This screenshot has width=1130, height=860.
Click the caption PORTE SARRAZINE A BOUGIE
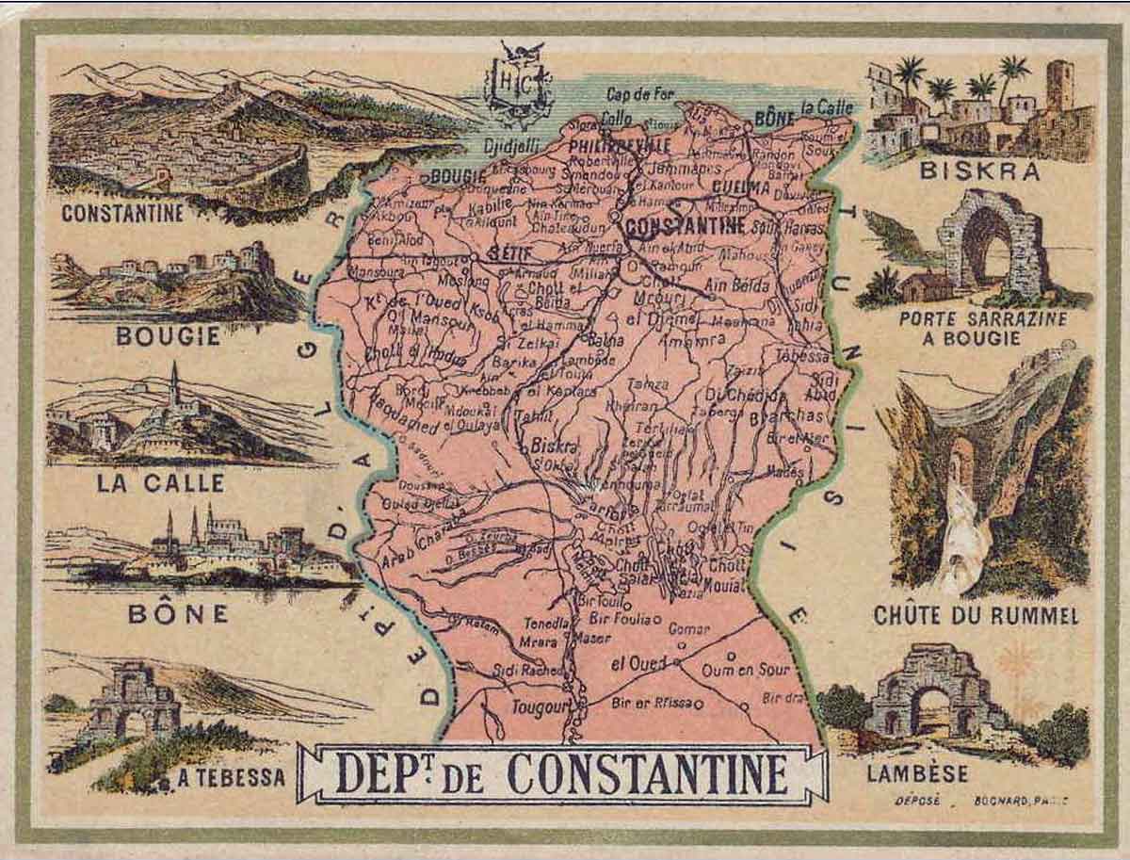[982, 328]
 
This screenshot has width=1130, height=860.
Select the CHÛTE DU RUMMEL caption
[975, 616]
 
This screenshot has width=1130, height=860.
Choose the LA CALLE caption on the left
[161, 483]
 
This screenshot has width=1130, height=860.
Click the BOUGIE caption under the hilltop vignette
[168, 336]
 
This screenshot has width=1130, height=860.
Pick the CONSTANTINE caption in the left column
[122, 213]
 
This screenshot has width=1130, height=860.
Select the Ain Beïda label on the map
[741, 284]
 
